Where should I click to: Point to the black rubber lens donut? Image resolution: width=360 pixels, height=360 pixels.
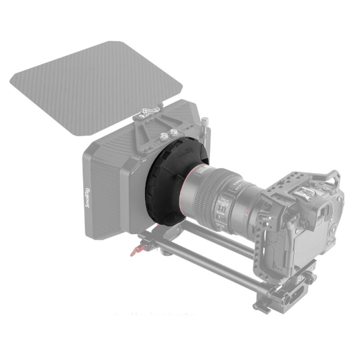click(x=164, y=189)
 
